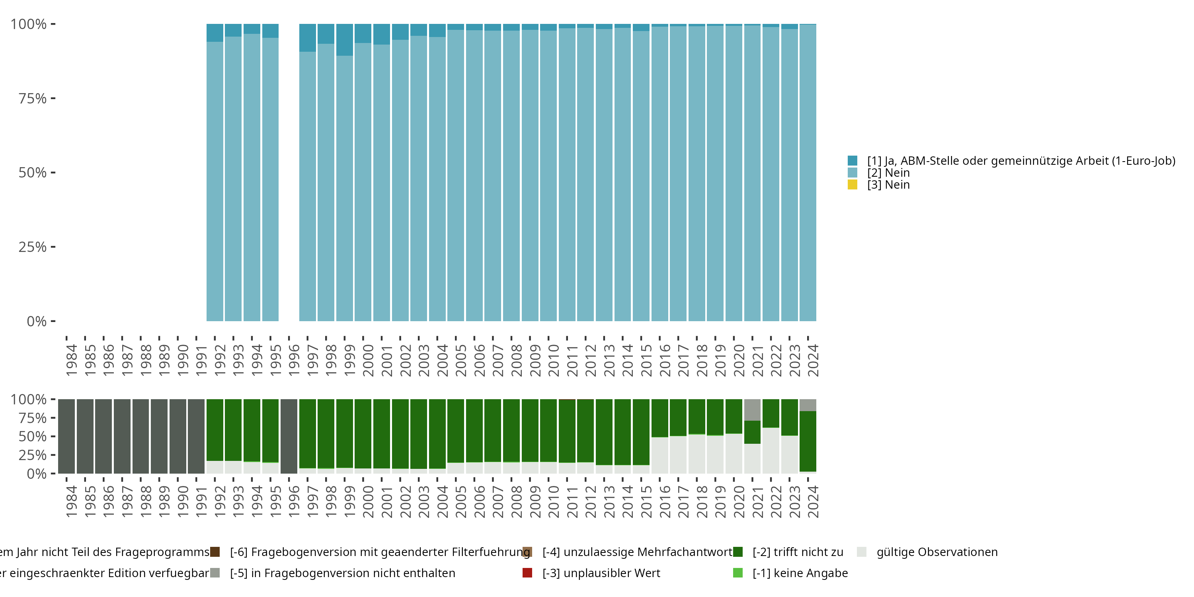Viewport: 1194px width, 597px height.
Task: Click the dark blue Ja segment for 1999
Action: pyautogui.click(x=344, y=40)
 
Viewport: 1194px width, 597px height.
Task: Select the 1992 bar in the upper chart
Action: pyautogui.click(x=215, y=181)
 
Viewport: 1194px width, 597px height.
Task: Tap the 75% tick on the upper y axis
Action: pyautogui.click(x=33, y=98)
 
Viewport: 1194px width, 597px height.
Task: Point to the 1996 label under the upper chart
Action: pyautogui.click(x=294, y=360)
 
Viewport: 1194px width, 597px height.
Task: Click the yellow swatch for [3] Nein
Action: pyautogui.click(x=852, y=185)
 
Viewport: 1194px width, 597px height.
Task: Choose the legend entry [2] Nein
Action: pyautogui.click(x=888, y=173)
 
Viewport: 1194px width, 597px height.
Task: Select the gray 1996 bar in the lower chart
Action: pyautogui.click(x=289, y=436)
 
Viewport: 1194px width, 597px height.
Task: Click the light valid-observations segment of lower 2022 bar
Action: pyautogui.click(x=771, y=450)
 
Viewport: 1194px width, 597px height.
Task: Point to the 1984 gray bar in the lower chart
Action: pyautogui.click(x=66, y=436)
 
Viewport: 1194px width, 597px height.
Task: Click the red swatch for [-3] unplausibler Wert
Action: pyautogui.click(x=527, y=573)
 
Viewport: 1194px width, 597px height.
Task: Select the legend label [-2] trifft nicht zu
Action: pyautogui.click(x=798, y=552)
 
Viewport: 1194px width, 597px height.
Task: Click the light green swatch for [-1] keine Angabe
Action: pyautogui.click(x=737, y=573)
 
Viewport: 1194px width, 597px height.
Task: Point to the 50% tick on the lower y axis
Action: pyautogui.click(x=33, y=436)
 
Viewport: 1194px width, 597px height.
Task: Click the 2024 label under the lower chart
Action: pyautogui.click(x=813, y=501)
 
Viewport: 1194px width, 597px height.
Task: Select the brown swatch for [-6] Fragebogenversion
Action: pyautogui.click(x=215, y=552)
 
